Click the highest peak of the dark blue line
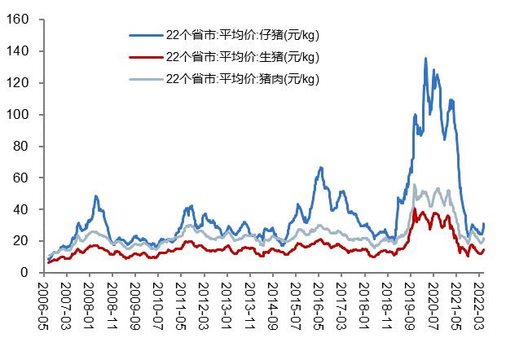[x=425, y=59]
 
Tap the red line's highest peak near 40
[x=416, y=209]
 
